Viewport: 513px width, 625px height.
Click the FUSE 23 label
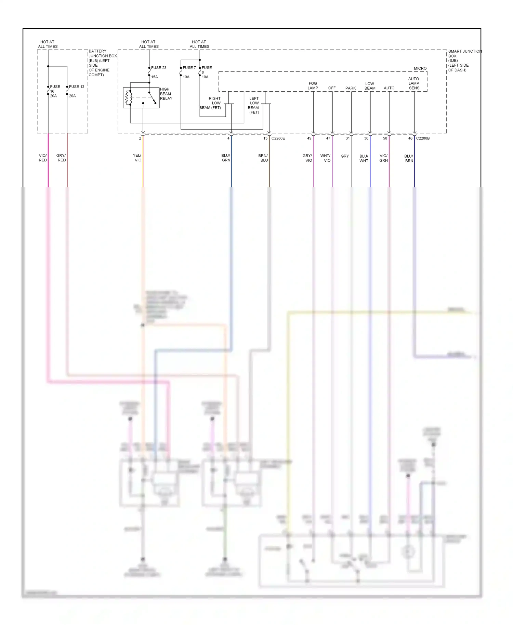pyautogui.click(x=159, y=68)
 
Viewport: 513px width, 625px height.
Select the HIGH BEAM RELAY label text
pyautogui.click(x=166, y=94)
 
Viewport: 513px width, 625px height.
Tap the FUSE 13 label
pyautogui.click(x=77, y=87)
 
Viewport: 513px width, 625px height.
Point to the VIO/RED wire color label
pyautogui.click(x=43, y=158)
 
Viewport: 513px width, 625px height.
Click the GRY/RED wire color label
pyautogui.click(x=61, y=158)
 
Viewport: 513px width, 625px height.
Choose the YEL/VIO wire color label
pyautogui.click(x=137, y=158)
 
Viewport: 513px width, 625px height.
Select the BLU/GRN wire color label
pyautogui.click(x=226, y=158)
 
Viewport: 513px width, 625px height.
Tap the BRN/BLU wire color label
pyautogui.click(x=263, y=158)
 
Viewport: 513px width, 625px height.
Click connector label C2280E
pyautogui.click(x=278, y=138)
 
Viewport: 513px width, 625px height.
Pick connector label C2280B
pyautogui.click(x=423, y=138)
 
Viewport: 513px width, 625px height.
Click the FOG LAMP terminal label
pyautogui.click(x=313, y=85)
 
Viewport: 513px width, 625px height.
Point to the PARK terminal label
pyautogui.click(x=351, y=88)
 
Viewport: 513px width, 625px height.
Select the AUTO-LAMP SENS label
pyautogui.click(x=414, y=83)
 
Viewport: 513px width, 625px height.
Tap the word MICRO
pyautogui.click(x=420, y=68)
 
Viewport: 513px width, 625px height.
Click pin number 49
pyautogui.click(x=309, y=138)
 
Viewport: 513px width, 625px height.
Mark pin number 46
pyautogui.click(x=410, y=138)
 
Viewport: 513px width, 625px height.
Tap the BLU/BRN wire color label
pyautogui.click(x=409, y=158)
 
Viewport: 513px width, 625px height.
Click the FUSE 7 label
pyautogui.click(x=189, y=68)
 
